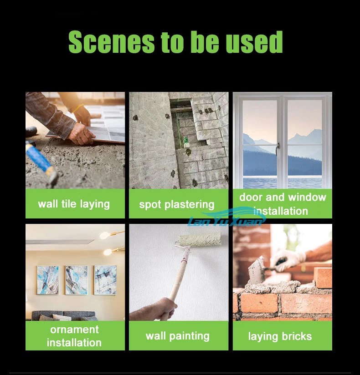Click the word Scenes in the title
(x=111, y=42)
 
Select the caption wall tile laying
(x=74, y=204)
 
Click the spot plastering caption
(x=177, y=205)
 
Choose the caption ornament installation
(x=74, y=336)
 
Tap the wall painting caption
(x=177, y=336)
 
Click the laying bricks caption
(x=280, y=336)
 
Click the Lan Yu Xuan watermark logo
(x=226, y=218)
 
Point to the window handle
(x=278, y=149)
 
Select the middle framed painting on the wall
(x=77, y=280)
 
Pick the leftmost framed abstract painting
(x=48, y=280)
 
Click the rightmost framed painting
(x=105, y=280)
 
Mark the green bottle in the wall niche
(x=186, y=142)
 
